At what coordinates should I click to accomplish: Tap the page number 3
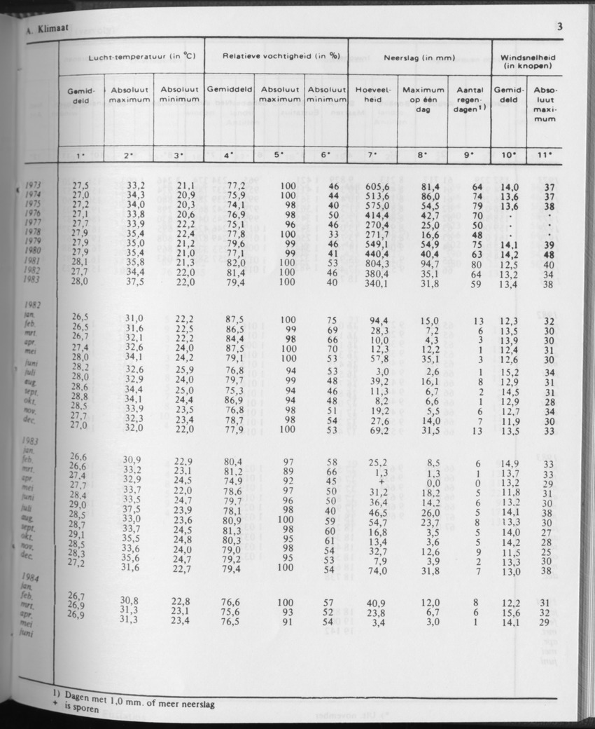coord(560,27)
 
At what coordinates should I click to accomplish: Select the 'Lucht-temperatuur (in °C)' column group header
coord(132,55)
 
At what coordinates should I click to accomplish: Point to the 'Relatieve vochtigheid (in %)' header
coord(276,55)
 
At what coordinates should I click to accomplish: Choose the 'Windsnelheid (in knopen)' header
coord(529,60)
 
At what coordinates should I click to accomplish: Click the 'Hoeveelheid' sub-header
coord(372,95)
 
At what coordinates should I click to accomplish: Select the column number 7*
coord(372,154)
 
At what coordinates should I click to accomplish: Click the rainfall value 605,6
coord(377,186)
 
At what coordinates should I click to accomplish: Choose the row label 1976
coord(31,214)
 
